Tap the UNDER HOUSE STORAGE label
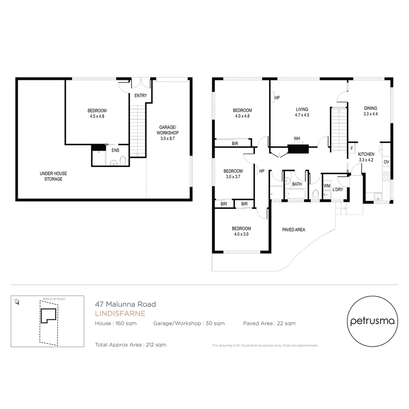click(x=53, y=176)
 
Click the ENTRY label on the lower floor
click(x=140, y=96)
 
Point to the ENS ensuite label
click(x=115, y=150)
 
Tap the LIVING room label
click(x=302, y=109)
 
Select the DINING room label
click(x=370, y=108)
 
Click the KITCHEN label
click(x=366, y=154)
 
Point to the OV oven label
click(x=386, y=162)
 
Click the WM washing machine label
click(x=326, y=186)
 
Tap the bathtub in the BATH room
click(x=295, y=194)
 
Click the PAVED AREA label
click(x=293, y=229)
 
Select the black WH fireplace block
click(x=298, y=148)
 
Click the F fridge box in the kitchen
click(x=352, y=148)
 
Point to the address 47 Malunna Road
click(x=125, y=304)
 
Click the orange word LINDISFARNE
click(x=120, y=314)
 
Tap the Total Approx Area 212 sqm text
click(x=131, y=345)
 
